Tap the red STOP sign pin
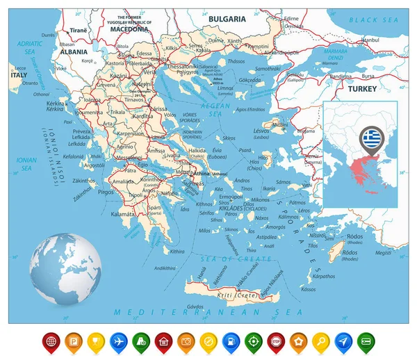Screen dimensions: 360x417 pyautogui.click(x=276, y=341)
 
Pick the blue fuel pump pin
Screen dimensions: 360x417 pyautogui.click(x=231, y=341)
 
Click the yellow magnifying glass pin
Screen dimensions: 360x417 pyautogui.click(x=321, y=341)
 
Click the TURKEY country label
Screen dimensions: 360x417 pyautogui.click(x=363, y=89)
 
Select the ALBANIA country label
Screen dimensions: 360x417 pyautogui.click(x=74, y=51)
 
